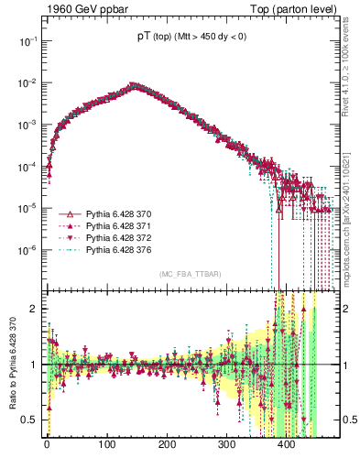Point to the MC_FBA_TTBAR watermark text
pos(189,275)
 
